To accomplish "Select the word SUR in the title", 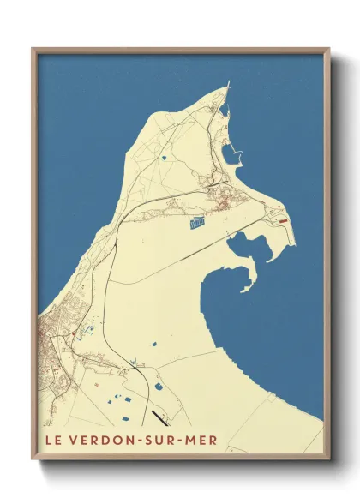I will coord(158,441).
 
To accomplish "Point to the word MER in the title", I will coord(201,441).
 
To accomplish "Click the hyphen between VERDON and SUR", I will coord(136,441).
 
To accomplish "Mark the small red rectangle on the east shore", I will coord(285,219).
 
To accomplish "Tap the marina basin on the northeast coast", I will coord(231,155).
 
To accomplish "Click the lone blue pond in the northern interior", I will coord(163,159).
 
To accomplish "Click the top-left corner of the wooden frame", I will coord(33,49).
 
